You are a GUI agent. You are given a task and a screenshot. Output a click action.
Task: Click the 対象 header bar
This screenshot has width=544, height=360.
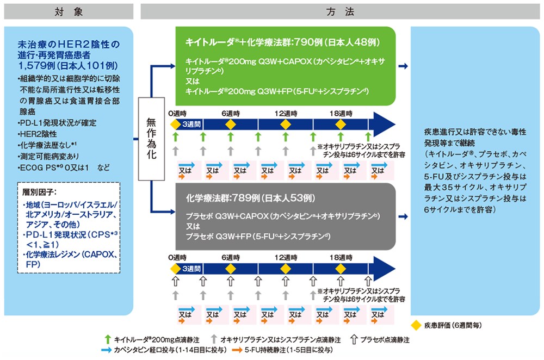point(68,11)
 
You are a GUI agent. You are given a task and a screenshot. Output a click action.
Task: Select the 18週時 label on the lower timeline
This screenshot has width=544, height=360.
point(341,256)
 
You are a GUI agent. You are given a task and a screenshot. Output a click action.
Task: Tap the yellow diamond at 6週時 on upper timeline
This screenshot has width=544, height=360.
point(231,125)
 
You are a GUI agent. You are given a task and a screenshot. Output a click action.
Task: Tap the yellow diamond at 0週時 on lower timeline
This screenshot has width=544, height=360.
point(175,268)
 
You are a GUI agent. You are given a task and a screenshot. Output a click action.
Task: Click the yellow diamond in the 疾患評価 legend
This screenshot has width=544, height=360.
point(417,325)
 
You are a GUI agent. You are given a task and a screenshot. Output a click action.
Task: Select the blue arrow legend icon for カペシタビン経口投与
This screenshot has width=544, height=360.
point(106,350)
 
